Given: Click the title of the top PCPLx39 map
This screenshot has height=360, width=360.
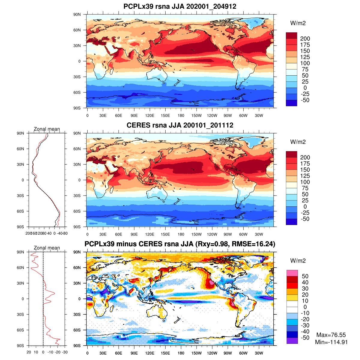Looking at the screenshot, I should pos(180,6).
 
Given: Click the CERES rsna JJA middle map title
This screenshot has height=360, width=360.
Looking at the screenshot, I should pos(180,125).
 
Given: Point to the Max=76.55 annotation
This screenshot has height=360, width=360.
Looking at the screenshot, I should pos(331,335).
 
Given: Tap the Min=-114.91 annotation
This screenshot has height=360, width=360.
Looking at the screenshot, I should pos(331,342).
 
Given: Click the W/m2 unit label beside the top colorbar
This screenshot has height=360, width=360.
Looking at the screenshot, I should pos(298,23).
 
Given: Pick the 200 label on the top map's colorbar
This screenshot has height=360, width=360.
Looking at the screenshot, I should pos(305,39).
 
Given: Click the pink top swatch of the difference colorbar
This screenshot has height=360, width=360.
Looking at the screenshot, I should pos(292,273).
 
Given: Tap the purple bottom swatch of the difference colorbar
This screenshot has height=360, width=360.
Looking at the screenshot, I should pos(292,341).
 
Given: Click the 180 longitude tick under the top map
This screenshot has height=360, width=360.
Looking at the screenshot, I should pos(181,116).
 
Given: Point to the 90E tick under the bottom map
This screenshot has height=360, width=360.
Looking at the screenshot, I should pos(134,353).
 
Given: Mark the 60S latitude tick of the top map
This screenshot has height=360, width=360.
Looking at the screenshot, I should pos(77,92).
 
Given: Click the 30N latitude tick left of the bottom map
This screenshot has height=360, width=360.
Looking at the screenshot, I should pos(77,283).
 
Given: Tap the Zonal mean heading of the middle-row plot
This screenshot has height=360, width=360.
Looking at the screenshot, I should pos(47,129).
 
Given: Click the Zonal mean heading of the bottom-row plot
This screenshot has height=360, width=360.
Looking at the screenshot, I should pos(47,248).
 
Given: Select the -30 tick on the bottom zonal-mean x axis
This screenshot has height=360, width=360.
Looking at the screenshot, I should pos(64,352).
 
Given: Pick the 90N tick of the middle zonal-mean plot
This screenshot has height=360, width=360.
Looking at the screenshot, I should pos(21,133).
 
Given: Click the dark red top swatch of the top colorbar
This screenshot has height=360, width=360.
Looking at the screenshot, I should pos(291,35).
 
